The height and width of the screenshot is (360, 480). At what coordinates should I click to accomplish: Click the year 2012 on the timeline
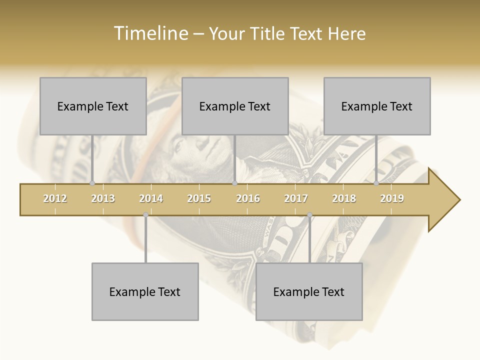click(55, 198)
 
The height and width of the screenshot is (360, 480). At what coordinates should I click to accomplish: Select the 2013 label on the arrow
click(103, 198)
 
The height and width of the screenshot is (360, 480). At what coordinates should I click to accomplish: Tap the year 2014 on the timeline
click(151, 198)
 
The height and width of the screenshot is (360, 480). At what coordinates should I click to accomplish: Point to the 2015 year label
click(199, 198)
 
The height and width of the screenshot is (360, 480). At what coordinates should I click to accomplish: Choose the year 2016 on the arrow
click(248, 198)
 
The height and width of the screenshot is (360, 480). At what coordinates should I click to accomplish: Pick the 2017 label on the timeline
click(296, 198)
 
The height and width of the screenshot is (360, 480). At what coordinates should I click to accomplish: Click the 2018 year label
click(344, 198)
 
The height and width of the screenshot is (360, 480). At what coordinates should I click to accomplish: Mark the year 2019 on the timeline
click(392, 198)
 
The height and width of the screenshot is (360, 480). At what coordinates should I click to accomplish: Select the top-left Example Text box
click(93, 106)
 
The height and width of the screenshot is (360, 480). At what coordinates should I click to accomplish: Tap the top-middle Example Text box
click(235, 106)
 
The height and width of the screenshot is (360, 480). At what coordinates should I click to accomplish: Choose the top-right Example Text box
click(377, 106)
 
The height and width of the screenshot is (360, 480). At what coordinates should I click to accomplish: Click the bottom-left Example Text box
click(145, 291)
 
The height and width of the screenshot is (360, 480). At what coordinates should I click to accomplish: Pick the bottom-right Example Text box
click(309, 291)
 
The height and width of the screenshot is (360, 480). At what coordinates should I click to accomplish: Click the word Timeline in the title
click(150, 33)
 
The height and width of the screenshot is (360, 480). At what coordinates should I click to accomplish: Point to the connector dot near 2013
click(92, 183)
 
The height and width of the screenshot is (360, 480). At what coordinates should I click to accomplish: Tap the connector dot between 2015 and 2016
click(234, 183)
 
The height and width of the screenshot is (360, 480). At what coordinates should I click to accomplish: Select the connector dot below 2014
click(145, 215)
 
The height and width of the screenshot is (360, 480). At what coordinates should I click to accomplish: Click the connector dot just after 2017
click(309, 215)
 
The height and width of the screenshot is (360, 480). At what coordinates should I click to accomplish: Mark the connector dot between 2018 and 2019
click(376, 183)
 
